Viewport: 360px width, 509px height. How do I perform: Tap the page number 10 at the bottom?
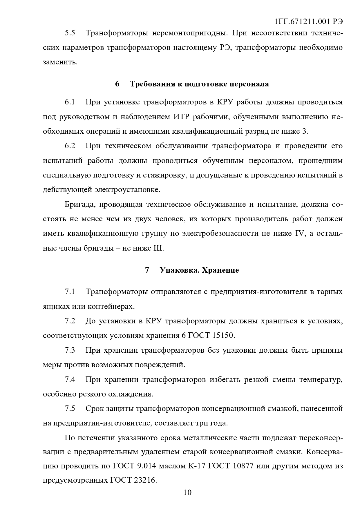coord(187,492)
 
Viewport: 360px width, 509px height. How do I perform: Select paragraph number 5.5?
coord(70,33)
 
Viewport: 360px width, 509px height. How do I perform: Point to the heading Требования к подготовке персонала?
coord(199,84)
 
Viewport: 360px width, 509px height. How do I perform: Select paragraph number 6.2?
coord(70,146)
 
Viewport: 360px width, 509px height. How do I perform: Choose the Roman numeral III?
coord(158,249)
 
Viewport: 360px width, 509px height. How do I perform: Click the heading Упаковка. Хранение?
coord(199,270)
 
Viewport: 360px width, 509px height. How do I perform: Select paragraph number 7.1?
coord(70,292)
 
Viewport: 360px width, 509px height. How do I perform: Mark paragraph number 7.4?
coord(70,380)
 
